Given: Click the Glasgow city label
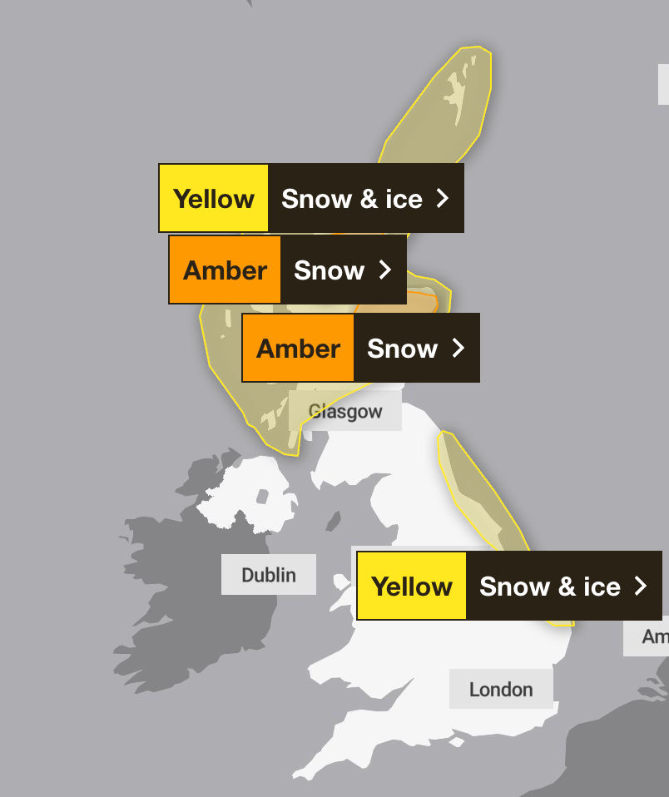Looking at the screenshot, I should point(345,412).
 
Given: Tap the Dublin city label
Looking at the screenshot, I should point(268,575).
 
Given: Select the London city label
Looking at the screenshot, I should point(501,690).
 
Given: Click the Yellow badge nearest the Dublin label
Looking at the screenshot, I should point(412,587).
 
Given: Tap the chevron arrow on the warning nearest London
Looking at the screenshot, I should point(640,587).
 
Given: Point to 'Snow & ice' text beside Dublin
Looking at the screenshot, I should point(550,587).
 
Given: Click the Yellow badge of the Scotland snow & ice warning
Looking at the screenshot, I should point(214,199).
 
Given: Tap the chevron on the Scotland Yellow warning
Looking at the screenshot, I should point(443,199).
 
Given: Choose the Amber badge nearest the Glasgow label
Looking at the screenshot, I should point(299,349).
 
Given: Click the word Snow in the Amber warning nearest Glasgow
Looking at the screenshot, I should point(402,349).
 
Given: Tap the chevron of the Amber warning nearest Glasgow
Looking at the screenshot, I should point(458,349).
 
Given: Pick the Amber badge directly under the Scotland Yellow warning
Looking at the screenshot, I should point(225,270).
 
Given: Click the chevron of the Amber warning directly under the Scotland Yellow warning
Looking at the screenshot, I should point(384,270).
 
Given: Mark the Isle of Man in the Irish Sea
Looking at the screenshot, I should point(334,522).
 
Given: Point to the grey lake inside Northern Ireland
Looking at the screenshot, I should point(261,498).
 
